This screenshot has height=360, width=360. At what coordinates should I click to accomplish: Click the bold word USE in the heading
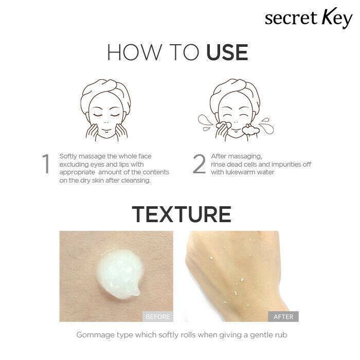[227, 52]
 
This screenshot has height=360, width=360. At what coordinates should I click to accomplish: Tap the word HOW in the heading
[134, 52]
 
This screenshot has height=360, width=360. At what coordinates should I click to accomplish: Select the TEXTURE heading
[182, 214]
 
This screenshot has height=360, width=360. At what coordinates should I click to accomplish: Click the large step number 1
[46, 164]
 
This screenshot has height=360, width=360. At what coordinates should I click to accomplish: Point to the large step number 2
[199, 164]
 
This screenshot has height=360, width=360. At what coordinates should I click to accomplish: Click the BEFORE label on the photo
[158, 317]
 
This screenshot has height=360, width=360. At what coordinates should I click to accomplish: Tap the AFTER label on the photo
[283, 317]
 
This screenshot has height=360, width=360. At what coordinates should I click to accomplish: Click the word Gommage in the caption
[95, 335]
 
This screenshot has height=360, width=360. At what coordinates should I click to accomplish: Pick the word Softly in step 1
[68, 156]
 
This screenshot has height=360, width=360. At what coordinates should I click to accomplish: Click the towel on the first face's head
[105, 88]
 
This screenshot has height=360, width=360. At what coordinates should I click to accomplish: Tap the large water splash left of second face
[206, 122]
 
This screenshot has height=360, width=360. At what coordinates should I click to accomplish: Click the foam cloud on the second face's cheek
[251, 129]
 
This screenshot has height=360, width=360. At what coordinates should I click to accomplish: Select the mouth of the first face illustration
[106, 130]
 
